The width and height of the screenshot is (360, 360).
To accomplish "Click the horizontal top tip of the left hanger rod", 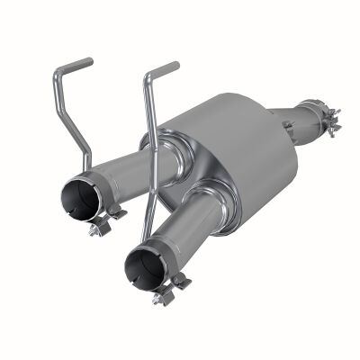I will pos(76,65).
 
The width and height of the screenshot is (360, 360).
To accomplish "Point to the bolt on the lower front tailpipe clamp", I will pos(161,296).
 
